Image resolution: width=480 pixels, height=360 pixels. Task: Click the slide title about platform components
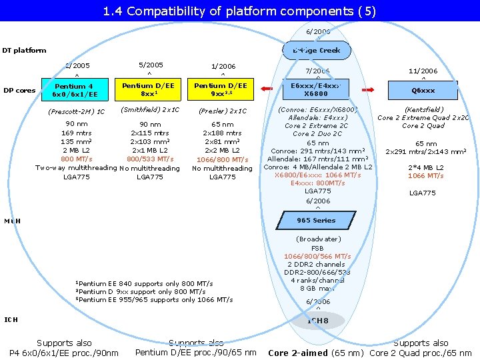[x=240, y=11]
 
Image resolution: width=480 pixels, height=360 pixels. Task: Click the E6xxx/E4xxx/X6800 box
[x=316, y=90]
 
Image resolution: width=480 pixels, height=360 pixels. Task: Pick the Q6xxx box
[x=423, y=91]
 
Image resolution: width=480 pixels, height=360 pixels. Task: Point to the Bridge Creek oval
[x=317, y=50]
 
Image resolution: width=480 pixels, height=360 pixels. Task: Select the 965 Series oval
[x=317, y=220]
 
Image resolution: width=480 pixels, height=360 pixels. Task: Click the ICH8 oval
[x=318, y=321]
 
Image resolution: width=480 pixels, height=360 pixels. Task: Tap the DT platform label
[x=24, y=50]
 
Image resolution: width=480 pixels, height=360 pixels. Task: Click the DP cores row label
[x=19, y=91]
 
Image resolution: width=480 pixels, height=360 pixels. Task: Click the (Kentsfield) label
[x=424, y=109]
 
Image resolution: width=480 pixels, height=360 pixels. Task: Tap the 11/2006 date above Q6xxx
[x=423, y=71]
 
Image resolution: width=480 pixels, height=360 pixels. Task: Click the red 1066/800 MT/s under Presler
[x=222, y=160]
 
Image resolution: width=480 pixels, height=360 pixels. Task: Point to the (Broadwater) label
[x=318, y=239]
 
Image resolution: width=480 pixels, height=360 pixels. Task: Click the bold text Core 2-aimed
[x=297, y=353]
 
